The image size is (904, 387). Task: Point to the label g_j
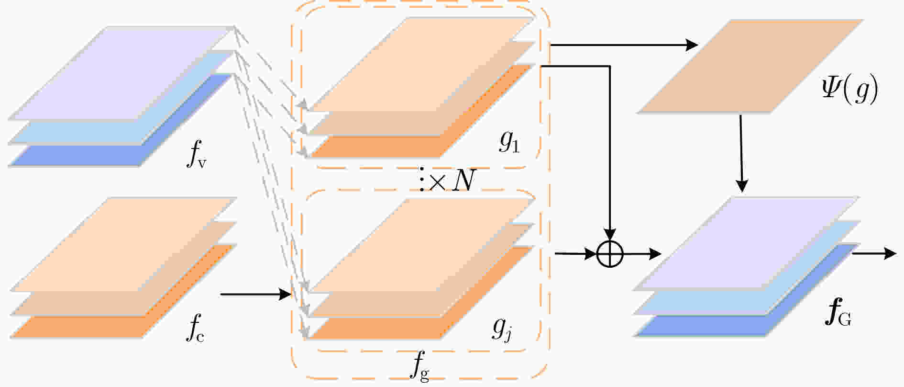pos(503,330)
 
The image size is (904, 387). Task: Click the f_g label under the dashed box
pos(419,366)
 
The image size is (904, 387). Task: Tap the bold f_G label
pos(838,314)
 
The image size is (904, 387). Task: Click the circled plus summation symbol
pos(610,254)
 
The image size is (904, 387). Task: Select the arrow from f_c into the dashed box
pos(256,294)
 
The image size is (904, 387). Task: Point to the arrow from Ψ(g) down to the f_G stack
pos(741,153)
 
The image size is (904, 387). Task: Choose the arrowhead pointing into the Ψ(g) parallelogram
pos(692,45)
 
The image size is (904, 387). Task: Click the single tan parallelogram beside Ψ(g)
pos(750,66)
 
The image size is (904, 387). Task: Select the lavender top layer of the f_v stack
pos(121,72)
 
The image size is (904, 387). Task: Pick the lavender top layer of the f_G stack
pos(746,243)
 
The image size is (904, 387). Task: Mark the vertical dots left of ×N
pos(422,180)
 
